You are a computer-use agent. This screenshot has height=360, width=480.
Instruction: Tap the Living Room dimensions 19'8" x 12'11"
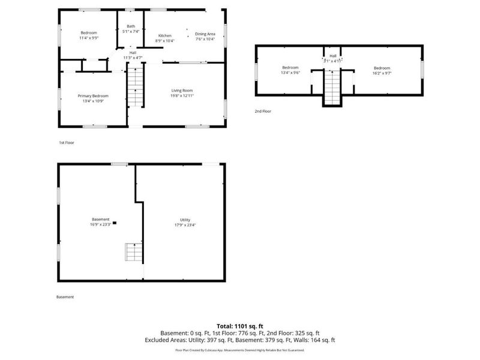(x=182, y=95)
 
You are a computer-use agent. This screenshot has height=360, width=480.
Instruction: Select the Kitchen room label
(x=164, y=35)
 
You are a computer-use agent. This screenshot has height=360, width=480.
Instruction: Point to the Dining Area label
(x=205, y=34)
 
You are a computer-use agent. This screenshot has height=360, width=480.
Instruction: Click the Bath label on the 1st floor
(x=130, y=26)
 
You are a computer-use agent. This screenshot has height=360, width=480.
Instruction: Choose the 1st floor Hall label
(x=132, y=53)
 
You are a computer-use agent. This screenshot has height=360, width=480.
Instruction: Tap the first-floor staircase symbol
(x=136, y=87)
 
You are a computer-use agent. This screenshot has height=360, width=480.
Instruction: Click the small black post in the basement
(x=115, y=223)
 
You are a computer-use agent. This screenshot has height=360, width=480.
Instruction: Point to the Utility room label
(x=185, y=220)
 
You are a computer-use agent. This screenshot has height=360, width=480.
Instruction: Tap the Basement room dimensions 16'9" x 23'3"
(x=100, y=225)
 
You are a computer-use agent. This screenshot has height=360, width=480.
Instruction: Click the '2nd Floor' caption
(x=263, y=111)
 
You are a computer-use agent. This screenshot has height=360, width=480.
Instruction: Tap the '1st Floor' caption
(x=66, y=143)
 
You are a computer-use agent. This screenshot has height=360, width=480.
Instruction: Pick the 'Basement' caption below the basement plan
(x=65, y=297)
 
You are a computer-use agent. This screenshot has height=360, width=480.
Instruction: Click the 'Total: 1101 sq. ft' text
(x=239, y=325)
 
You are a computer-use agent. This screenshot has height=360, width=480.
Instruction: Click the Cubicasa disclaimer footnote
(x=239, y=349)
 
